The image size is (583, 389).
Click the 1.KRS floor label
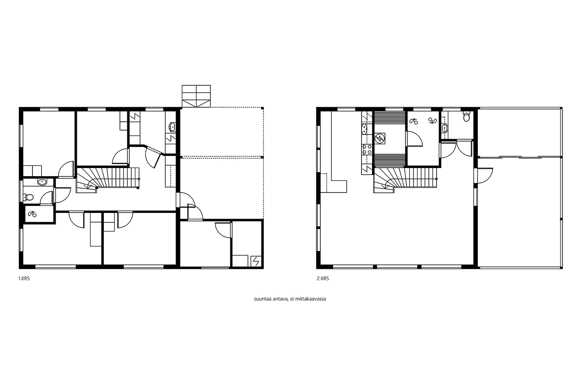pyautogui.click(x=24, y=279)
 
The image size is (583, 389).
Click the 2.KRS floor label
pyautogui.click(x=323, y=279)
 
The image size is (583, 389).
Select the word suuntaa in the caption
pyautogui.click(x=262, y=299)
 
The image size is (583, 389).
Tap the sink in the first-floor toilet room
pyautogui.click(x=42, y=182)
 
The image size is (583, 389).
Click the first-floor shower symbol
pyautogui.click(x=32, y=214)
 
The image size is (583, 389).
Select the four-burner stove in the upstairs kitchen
pyautogui.click(x=367, y=149)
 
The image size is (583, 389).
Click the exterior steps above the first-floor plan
pyautogui.click(x=196, y=96)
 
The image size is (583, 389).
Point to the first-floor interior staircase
pyautogui.click(x=108, y=180)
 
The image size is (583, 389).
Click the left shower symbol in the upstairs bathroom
pyautogui.click(x=414, y=121)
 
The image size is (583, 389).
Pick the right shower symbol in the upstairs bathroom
pyautogui.click(x=433, y=120)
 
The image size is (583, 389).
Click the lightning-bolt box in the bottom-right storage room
pyautogui.click(x=256, y=261)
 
